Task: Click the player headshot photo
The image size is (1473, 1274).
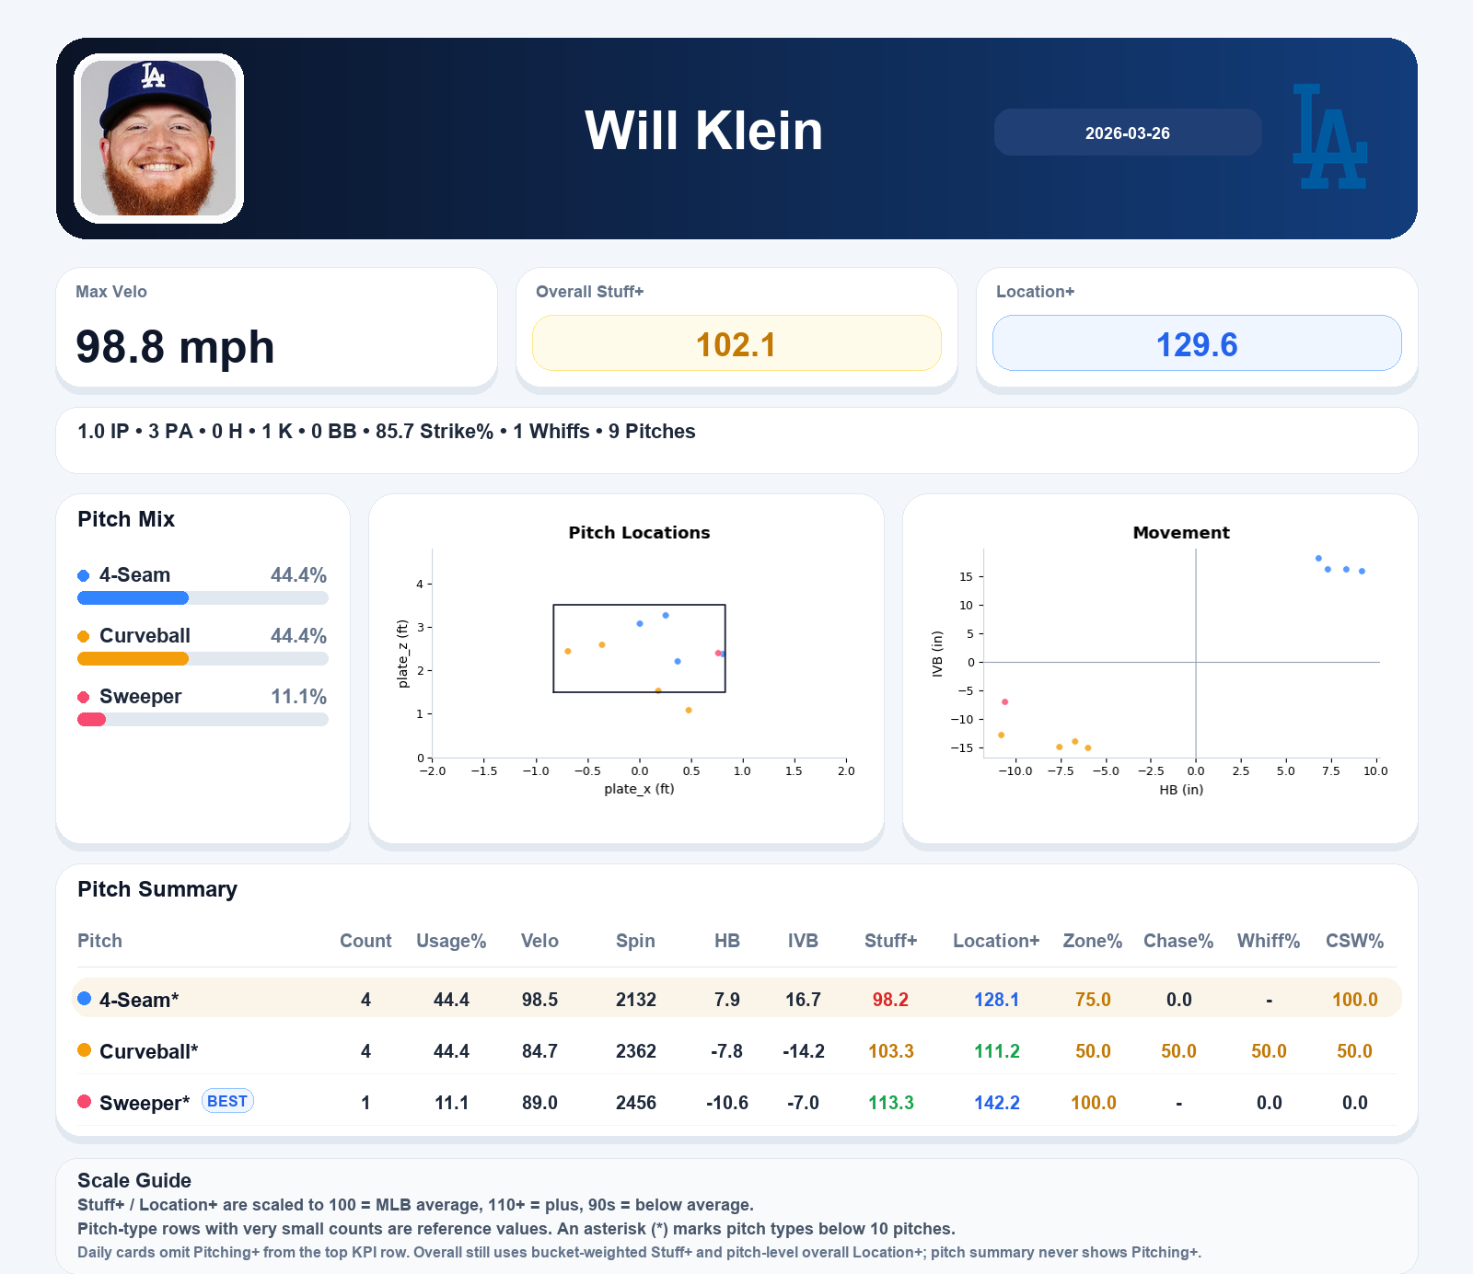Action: [158, 138]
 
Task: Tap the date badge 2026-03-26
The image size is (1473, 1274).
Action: [1127, 133]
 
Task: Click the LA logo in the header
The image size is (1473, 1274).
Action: [1329, 137]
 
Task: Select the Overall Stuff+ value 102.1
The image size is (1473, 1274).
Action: [736, 344]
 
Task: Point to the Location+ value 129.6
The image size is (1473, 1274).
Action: [1196, 344]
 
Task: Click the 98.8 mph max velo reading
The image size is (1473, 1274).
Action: [175, 347]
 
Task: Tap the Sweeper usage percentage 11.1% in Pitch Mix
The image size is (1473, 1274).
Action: [298, 697]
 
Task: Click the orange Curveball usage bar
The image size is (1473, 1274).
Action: [133, 659]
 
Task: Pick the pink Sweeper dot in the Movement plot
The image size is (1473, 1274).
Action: [1004, 702]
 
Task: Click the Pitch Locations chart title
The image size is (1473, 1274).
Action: [639, 532]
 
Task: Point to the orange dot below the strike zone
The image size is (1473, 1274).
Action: [689, 711]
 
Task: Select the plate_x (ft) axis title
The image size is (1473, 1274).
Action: [639, 789]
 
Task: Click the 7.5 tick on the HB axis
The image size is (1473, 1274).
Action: [1330, 771]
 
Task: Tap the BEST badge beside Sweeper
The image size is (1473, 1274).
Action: [227, 1101]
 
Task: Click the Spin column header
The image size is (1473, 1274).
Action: [635, 941]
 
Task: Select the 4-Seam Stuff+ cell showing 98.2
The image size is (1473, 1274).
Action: [890, 1000]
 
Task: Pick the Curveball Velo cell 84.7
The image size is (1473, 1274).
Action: [539, 1051]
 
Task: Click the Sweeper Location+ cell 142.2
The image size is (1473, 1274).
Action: [996, 1103]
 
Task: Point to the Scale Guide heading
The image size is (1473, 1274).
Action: [134, 1180]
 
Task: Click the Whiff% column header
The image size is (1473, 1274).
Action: [1268, 941]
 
